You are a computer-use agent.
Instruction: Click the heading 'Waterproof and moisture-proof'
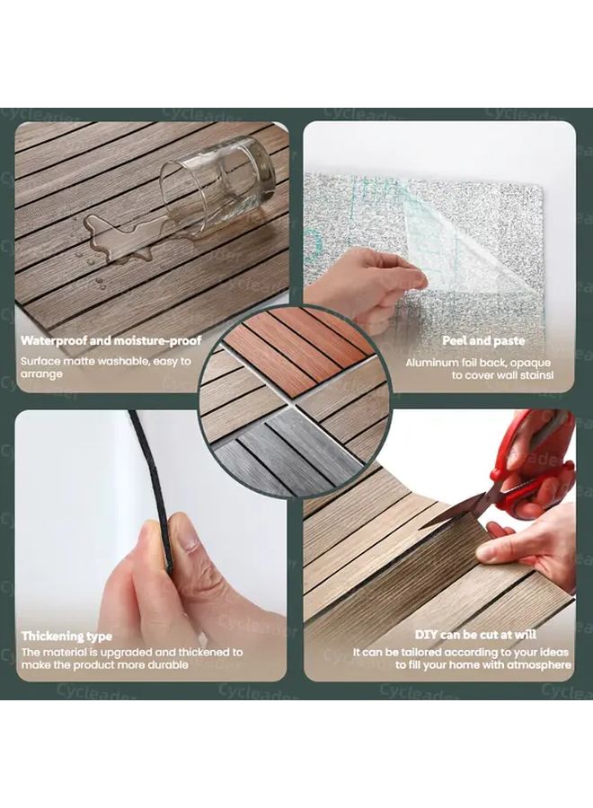pyautogui.click(x=111, y=340)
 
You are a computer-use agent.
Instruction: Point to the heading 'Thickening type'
pyautogui.click(x=66, y=637)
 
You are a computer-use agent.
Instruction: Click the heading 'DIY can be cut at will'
pyautogui.click(x=475, y=635)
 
